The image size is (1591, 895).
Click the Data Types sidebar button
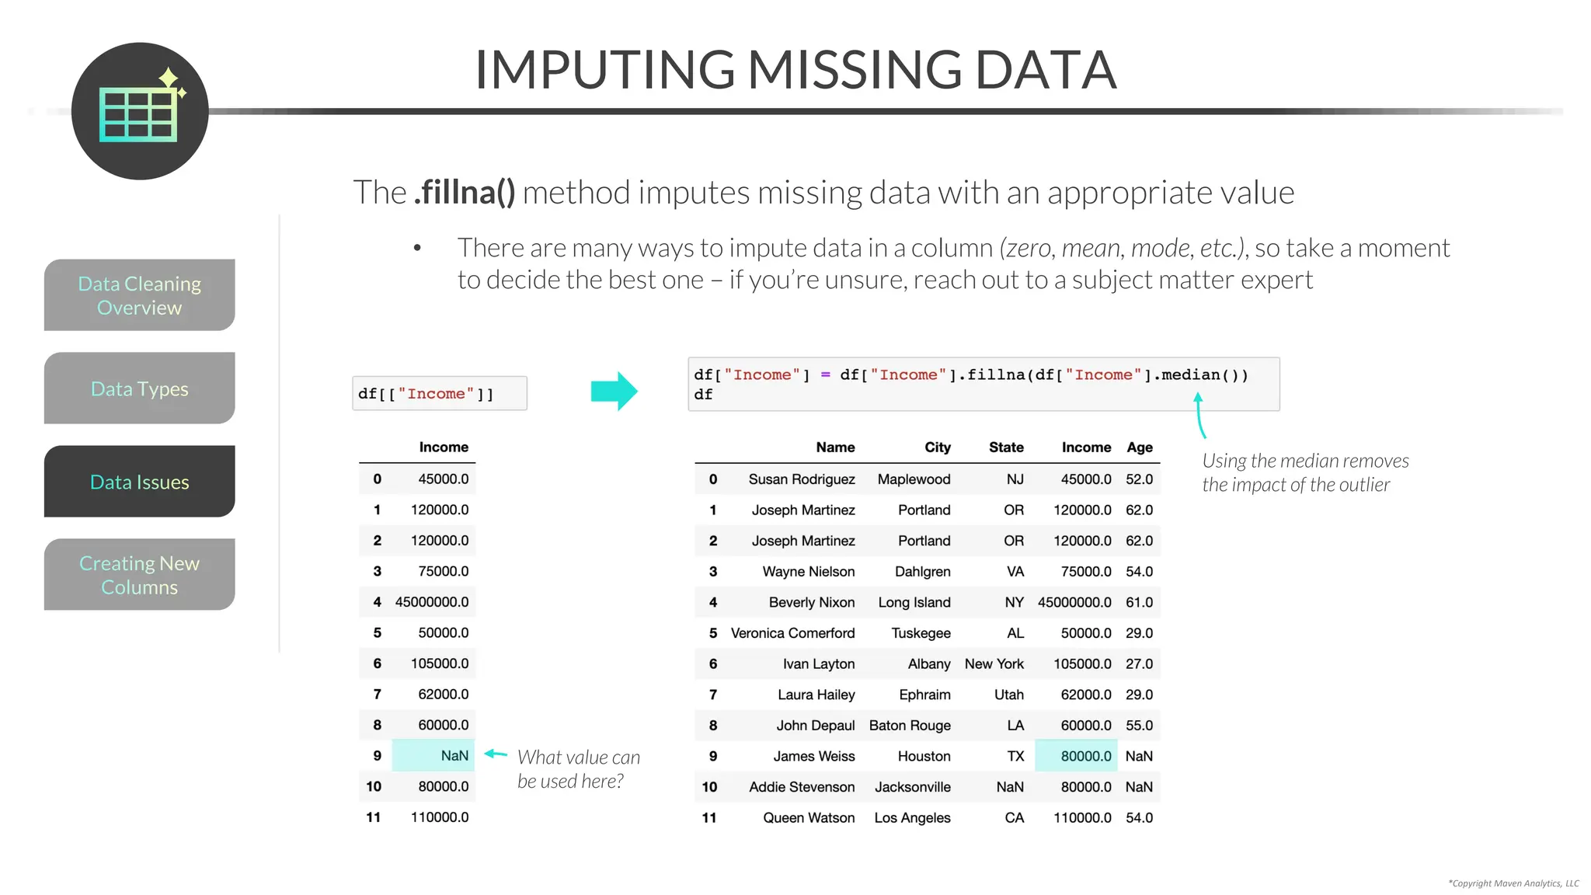click(x=140, y=388)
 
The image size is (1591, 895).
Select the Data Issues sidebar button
click(x=140, y=482)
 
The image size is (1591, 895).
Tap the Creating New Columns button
click(x=140, y=575)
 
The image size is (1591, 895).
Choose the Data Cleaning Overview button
click(x=140, y=295)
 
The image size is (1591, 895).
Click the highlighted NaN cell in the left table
click(x=433, y=756)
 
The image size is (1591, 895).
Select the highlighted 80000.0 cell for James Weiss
click(x=1077, y=756)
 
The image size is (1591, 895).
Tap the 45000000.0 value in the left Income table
click(x=431, y=602)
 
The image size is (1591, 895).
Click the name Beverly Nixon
click(x=812, y=602)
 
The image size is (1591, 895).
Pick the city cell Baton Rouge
click(x=910, y=726)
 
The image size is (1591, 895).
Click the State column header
click(x=1006, y=447)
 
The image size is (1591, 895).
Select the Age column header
click(x=1140, y=447)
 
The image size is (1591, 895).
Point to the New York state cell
click(x=994, y=664)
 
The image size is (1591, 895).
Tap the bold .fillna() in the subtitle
click(x=465, y=193)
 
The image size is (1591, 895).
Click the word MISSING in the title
click(x=855, y=70)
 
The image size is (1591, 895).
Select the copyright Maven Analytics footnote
click(x=1513, y=883)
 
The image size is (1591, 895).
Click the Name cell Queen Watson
click(x=809, y=818)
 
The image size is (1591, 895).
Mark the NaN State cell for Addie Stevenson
click(x=1010, y=787)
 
